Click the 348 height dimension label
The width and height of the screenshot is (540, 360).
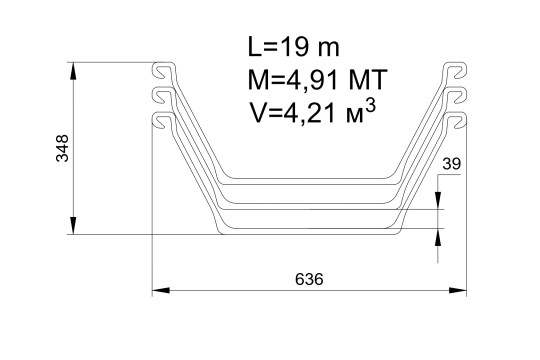click(63, 148)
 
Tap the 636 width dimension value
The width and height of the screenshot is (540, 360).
click(309, 279)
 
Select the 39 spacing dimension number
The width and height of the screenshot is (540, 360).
click(451, 164)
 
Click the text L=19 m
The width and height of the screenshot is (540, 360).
click(293, 47)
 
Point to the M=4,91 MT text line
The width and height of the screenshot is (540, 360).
click(318, 80)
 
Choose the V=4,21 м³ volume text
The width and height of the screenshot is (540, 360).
click(312, 112)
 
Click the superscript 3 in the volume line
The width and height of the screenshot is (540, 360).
click(370, 107)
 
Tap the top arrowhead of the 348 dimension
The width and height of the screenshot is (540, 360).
click(73, 71)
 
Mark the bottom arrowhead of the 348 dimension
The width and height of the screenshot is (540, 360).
click(73, 226)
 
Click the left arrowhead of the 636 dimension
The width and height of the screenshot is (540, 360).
click(161, 290)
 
